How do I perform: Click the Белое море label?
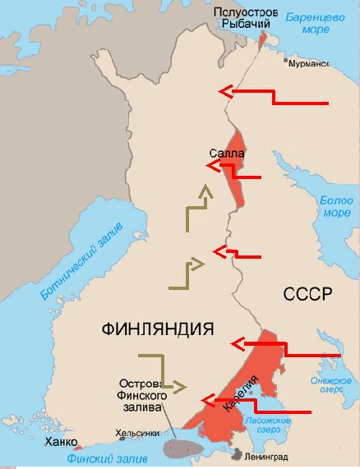tap(335, 206)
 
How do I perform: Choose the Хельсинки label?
tap(136, 434)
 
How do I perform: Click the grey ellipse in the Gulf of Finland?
tap(187, 448)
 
